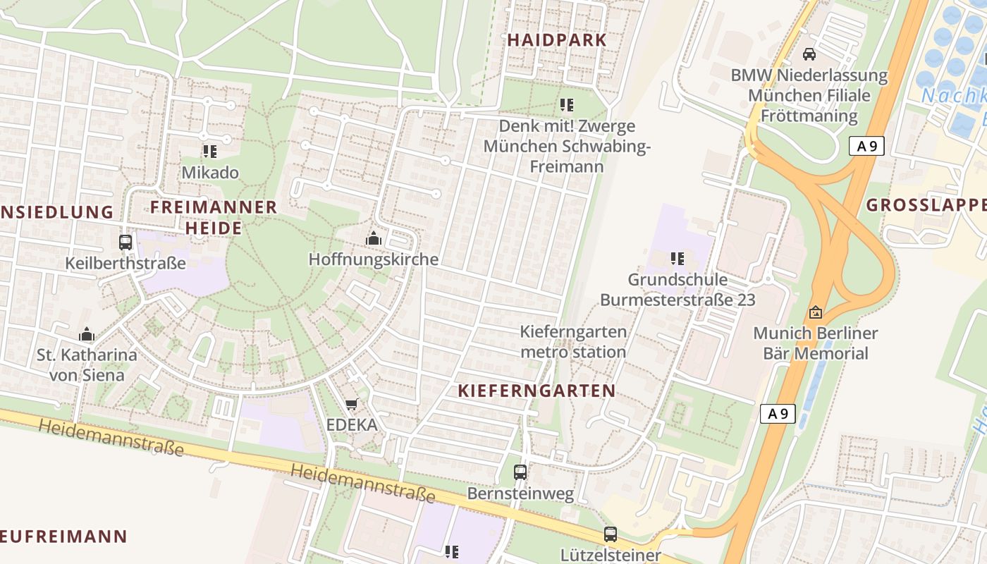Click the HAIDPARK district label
[x=557, y=39]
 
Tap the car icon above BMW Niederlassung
[x=809, y=54]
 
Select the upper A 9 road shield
[x=866, y=146]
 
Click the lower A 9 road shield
[x=778, y=414]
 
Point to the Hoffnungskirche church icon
[x=373, y=238]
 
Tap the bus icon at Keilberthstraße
[x=125, y=243]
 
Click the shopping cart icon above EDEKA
[x=351, y=405]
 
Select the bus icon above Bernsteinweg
[x=520, y=472]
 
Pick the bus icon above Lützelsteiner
[x=611, y=534]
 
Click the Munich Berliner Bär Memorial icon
[x=816, y=312]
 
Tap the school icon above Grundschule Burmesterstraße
[x=678, y=259]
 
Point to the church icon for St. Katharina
[x=87, y=333]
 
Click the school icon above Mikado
[x=209, y=151]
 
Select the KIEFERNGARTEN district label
[x=537, y=391]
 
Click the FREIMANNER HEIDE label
[x=214, y=217]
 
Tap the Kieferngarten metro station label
[x=572, y=341]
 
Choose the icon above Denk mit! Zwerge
[x=566, y=105]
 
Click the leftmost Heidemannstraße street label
[x=111, y=437]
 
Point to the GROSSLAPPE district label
[x=926, y=205]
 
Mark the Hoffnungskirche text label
[x=373, y=259]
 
